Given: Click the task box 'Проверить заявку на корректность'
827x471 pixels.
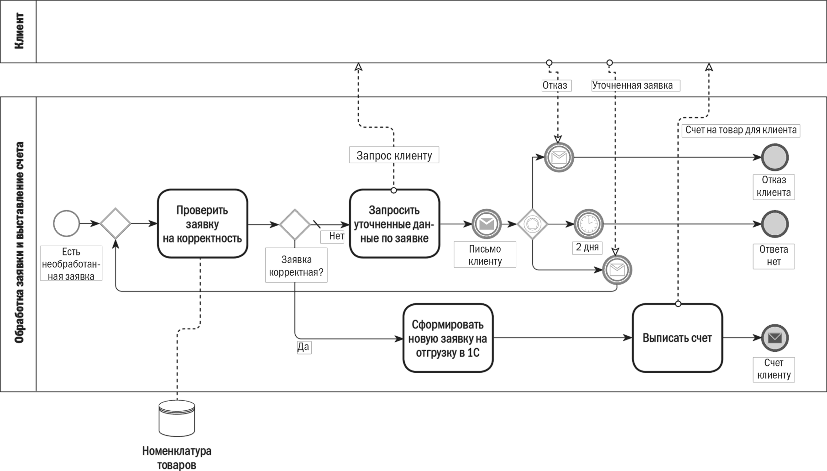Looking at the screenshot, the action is tap(203, 224).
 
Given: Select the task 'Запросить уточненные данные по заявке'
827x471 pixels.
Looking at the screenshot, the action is tap(394, 224).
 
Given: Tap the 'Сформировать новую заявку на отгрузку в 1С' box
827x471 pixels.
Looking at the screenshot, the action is tap(448, 338).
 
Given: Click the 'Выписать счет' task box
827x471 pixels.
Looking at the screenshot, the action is tap(677, 338).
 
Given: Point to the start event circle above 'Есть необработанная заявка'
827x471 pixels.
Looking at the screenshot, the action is tap(67, 224).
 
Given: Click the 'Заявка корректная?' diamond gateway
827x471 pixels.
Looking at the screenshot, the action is tap(295, 224).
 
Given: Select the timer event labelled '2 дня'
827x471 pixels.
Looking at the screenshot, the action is tap(589, 224).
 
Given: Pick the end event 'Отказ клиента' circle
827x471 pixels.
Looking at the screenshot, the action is tap(775, 158).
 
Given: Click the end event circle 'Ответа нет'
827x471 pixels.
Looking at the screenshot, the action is tap(775, 224).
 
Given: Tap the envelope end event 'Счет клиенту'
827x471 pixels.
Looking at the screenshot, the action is tap(775, 338).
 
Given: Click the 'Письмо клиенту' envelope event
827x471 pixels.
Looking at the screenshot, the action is tap(487, 224).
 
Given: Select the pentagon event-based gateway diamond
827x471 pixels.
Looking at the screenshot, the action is tap(533, 224).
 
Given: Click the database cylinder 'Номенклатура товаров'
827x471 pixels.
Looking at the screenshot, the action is tap(177, 418).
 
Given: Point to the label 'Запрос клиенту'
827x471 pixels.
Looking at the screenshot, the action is tap(394, 155).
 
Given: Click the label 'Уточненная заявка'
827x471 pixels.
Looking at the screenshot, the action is tap(633, 85).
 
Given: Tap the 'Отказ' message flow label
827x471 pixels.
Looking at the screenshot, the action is tap(555, 85).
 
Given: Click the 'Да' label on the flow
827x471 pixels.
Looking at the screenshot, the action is tap(304, 347).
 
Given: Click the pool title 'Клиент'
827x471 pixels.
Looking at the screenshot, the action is tap(19, 31).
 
